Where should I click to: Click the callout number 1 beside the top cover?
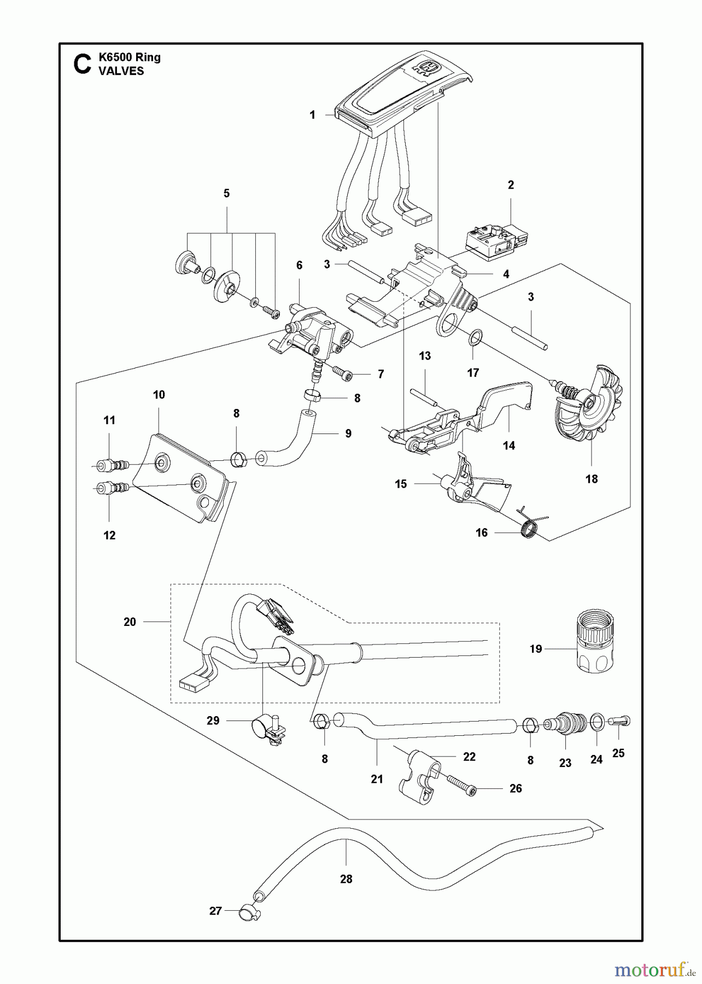coord(313,115)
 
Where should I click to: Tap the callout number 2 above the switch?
coord(511,185)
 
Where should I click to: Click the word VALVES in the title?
coord(121,71)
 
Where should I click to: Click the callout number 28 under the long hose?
coord(346,879)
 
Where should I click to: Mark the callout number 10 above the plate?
coord(159,395)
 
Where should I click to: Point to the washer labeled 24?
coord(598,722)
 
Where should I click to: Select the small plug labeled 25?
coord(621,723)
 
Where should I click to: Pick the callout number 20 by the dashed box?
coord(130,622)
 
